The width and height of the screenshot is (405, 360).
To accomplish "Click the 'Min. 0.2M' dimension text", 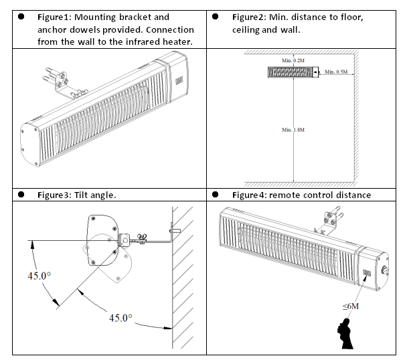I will (292, 62).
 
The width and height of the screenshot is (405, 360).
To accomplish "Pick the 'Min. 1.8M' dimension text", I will (292, 129).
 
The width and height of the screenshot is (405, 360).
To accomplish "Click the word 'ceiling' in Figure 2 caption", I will (247, 30).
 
